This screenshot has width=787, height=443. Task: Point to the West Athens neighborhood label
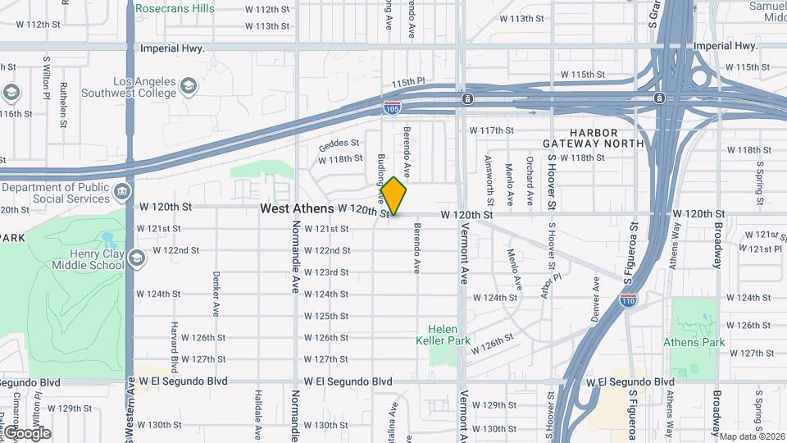pyautogui.click(x=297, y=209)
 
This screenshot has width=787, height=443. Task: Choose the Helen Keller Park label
pyautogui.click(x=443, y=335)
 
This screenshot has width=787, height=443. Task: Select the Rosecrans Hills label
pyautogui.click(x=175, y=8)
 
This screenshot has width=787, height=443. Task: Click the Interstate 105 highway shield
pyautogui.click(x=392, y=107)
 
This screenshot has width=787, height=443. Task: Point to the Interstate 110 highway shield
pyautogui.click(x=628, y=301)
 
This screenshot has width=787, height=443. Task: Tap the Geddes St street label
pyautogui.click(x=339, y=142)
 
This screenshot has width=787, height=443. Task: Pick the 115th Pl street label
pyautogui.click(x=408, y=83)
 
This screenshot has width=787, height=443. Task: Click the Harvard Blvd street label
pyautogui.click(x=175, y=345)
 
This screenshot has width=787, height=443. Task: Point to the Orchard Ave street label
pyautogui.click(x=530, y=174)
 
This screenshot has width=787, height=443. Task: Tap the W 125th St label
pyautogui.click(x=326, y=316)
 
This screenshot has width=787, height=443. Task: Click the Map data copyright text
pyautogui.click(x=751, y=436)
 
